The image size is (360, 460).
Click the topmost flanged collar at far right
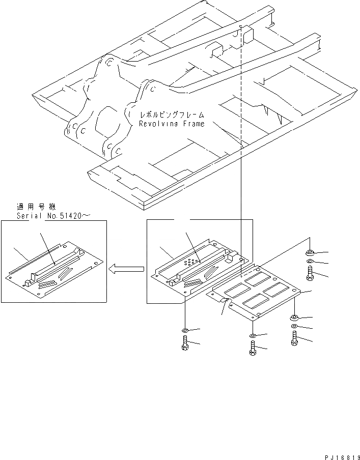click(x=310, y=253)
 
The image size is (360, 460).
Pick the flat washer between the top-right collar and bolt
click(x=310, y=263)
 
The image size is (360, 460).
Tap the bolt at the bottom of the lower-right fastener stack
click(x=295, y=339)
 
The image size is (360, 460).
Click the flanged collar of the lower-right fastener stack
click(x=295, y=318)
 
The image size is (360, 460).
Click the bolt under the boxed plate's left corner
click(x=185, y=346)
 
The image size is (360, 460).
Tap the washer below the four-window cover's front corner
click(x=253, y=335)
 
